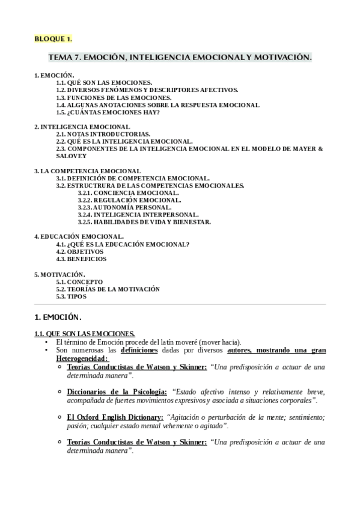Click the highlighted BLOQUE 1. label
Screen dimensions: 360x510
[53, 39]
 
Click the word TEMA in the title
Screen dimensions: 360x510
[61, 58]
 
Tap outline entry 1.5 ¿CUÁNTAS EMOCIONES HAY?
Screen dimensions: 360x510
[108, 112]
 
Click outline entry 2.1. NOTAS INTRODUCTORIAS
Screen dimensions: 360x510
[103, 134]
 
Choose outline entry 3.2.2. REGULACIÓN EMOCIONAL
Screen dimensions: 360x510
[129, 200]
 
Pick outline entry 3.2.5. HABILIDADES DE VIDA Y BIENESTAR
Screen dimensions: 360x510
[144, 222]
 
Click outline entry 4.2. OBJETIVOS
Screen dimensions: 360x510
[84, 251]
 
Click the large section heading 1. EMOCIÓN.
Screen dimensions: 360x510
[58, 317]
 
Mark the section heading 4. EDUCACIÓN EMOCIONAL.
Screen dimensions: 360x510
[79, 237]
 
